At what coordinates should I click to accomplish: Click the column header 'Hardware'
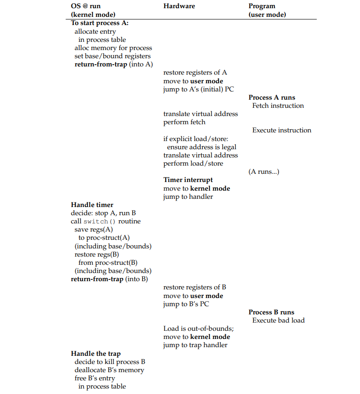[179, 6]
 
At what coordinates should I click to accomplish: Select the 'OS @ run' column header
[86, 6]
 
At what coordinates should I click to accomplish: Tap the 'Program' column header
[262, 6]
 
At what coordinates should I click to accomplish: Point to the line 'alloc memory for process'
[113, 48]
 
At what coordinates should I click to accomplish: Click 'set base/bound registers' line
[112, 56]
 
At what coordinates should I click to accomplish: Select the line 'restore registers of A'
[195, 72]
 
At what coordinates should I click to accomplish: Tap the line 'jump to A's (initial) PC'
[198, 89]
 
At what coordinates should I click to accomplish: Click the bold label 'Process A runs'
[272, 97]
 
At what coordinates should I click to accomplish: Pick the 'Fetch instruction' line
[278, 106]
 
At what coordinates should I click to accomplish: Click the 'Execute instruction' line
[282, 130]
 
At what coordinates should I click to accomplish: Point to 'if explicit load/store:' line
[196, 139]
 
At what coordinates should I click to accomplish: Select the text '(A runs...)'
[264, 172]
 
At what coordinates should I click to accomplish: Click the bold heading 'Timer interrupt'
[188, 180]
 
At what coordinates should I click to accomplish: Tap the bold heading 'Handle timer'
[92, 205]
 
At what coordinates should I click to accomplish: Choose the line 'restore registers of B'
[195, 287]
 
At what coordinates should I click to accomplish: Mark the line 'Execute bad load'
[279, 320]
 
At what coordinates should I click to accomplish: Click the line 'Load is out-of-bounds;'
[198, 328]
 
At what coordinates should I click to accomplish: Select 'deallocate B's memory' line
[109, 370]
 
